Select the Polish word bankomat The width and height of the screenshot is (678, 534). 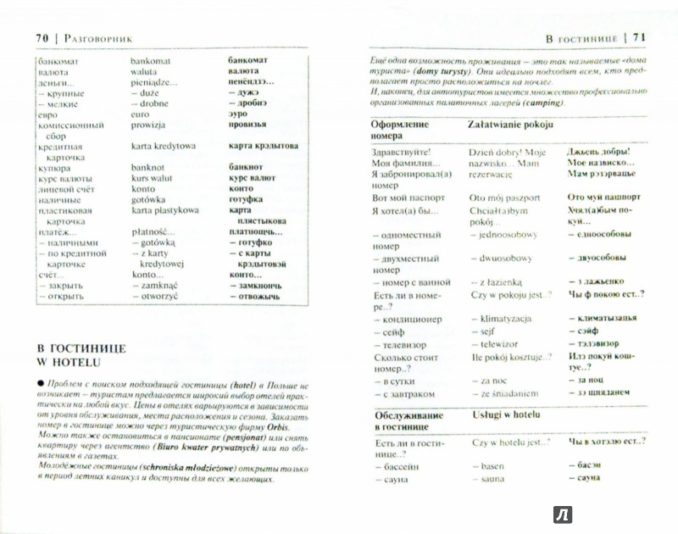(x=151, y=61)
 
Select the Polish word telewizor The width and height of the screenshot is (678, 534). (x=502, y=346)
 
